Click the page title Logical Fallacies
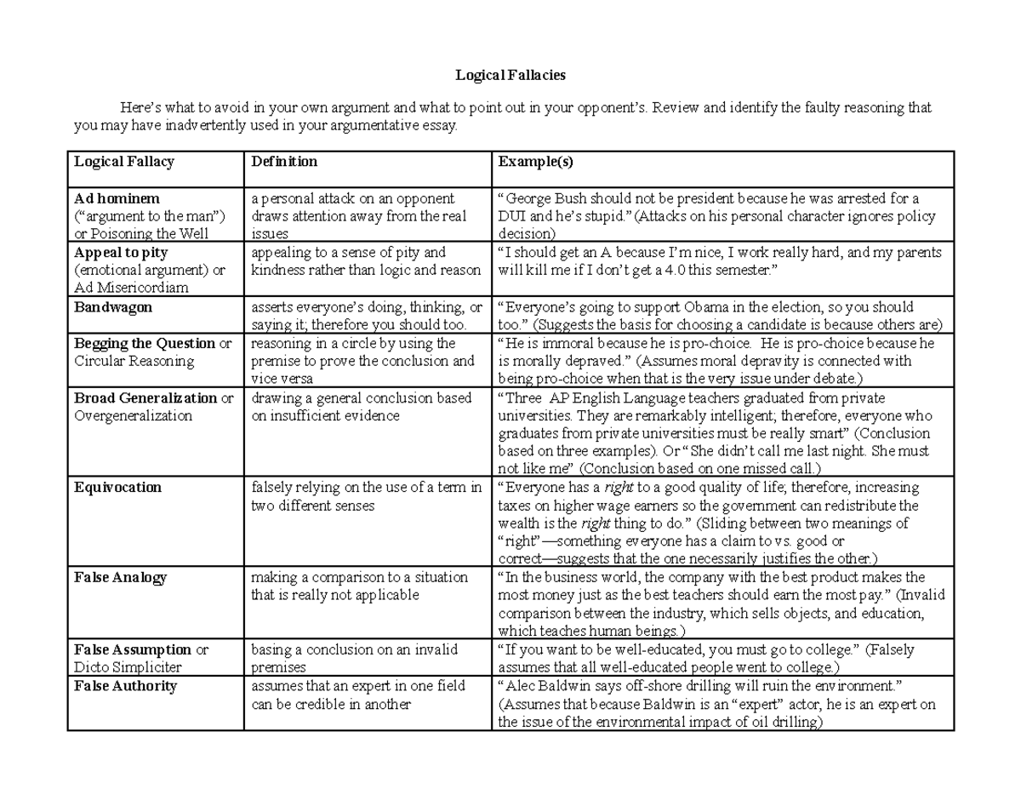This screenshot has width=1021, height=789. pos(510,76)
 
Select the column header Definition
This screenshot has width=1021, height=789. pos(284,162)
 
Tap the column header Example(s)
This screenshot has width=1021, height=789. pos(533,162)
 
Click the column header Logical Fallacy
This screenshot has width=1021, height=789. pos(124,162)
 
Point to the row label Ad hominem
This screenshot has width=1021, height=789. pos(111,199)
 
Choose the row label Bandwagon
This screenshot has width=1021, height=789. pos(113,307)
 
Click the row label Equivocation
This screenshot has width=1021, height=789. pos(117,488)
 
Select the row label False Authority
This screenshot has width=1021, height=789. pos(125,686)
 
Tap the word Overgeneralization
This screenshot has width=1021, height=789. pos(133,416)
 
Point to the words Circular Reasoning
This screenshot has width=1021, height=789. pos(134,361)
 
